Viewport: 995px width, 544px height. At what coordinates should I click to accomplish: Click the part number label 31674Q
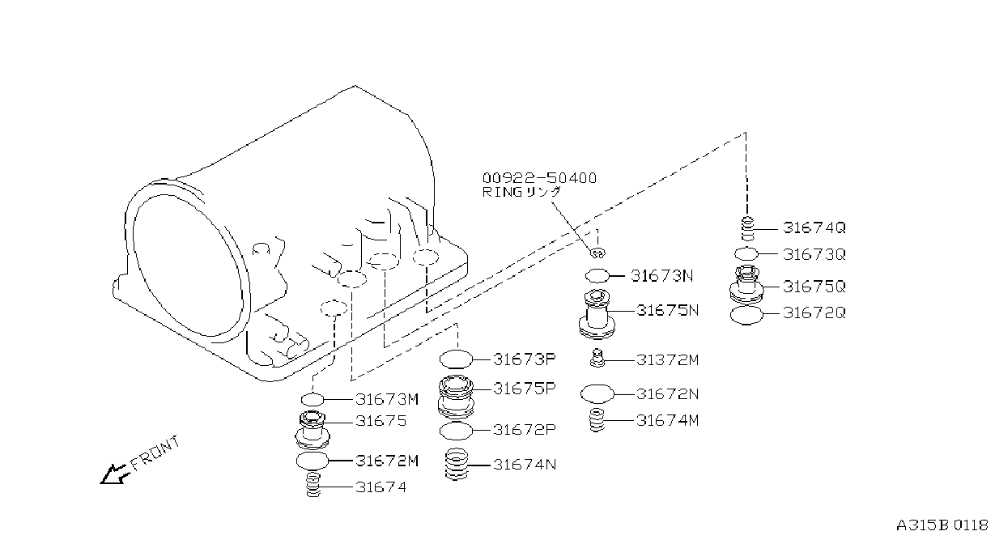pos(814,227)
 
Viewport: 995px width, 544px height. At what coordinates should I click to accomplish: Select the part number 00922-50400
pos(540,178)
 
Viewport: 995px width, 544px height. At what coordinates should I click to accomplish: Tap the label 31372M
pos(668,360)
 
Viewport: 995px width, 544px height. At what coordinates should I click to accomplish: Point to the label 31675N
pos(668,310)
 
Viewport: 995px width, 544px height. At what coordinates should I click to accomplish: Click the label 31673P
pos(525,359)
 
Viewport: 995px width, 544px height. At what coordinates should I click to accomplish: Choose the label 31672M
pos(387,461)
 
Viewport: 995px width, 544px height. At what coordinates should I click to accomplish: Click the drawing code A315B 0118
pos(942,525)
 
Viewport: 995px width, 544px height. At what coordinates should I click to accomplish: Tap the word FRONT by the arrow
pos(155,453)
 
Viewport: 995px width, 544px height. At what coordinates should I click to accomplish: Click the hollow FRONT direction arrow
pos(114,474)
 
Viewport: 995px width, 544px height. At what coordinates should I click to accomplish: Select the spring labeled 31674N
pos(457,464)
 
